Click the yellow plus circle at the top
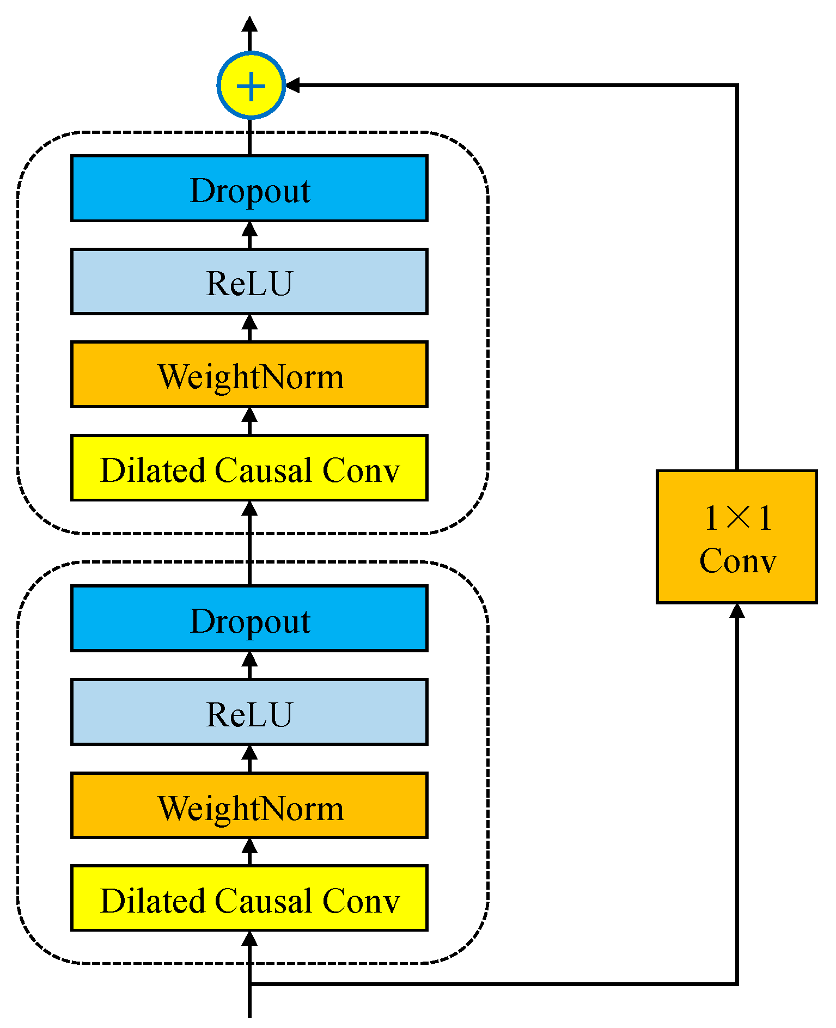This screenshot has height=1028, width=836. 251,85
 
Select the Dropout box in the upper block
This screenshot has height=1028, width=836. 249,188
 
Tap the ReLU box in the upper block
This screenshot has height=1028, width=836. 249,282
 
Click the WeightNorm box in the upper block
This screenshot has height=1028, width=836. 249,375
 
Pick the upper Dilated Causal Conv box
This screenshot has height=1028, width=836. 249,468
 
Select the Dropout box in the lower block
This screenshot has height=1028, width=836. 249,619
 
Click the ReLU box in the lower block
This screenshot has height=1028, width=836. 249,712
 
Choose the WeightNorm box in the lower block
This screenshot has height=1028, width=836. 249,806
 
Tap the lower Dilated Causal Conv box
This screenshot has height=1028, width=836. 249,898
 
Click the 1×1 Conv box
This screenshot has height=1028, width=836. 737,537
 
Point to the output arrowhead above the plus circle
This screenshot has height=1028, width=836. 249,25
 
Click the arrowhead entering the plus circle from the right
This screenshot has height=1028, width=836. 293,85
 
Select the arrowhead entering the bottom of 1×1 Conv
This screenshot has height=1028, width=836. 737,611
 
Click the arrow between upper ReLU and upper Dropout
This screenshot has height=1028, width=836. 249,234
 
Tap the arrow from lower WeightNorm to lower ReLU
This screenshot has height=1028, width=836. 249,758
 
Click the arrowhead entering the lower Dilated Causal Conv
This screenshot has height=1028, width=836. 249,939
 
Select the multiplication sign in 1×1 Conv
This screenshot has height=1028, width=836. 739,517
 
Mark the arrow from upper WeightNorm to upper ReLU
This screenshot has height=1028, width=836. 249,327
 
